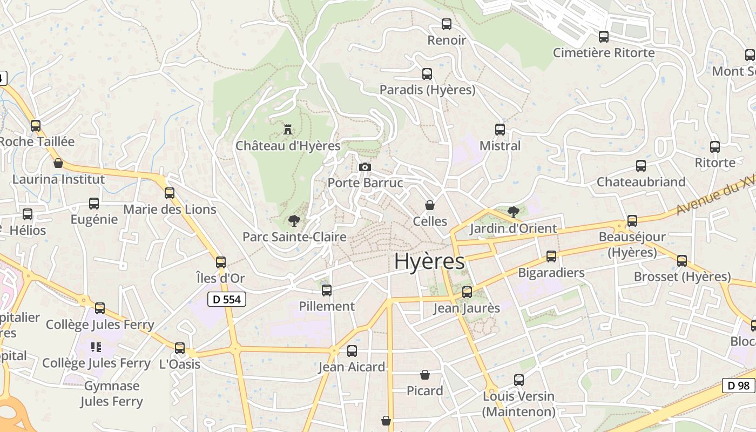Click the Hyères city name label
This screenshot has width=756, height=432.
[x=429, y=261]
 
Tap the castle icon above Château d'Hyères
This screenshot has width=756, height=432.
[x=288, y=130]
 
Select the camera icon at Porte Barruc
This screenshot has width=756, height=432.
[x=365, y=167]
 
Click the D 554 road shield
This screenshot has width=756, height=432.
[x=227, y=299]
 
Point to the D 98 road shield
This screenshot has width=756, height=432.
[x=739, y=386]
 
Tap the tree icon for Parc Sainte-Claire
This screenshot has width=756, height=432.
[x=294, y=220]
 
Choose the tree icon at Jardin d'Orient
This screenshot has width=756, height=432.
[x=514, y=212]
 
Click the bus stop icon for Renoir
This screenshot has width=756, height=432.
[x=447, y=24]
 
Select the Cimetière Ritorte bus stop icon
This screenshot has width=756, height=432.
[x=604, y=37]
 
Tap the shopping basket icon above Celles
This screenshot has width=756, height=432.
[x=430, y=205]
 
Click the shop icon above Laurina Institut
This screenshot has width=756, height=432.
[x=58, y=163]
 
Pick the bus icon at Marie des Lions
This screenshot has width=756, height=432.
[x=170, y=193]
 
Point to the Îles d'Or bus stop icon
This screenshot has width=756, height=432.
[x=221, y=262]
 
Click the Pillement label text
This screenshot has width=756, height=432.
[x=327, y=306]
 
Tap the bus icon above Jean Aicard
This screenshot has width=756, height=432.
[x=352, y=351]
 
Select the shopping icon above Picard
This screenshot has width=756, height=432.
[x=425, y=375]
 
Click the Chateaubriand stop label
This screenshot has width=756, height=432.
[x=641, y=182]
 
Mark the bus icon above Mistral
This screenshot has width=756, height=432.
[x=500, y=130]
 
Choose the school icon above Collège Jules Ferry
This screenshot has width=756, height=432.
[x=96, y=347]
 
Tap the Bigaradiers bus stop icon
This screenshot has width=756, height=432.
[x=551, y=256]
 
